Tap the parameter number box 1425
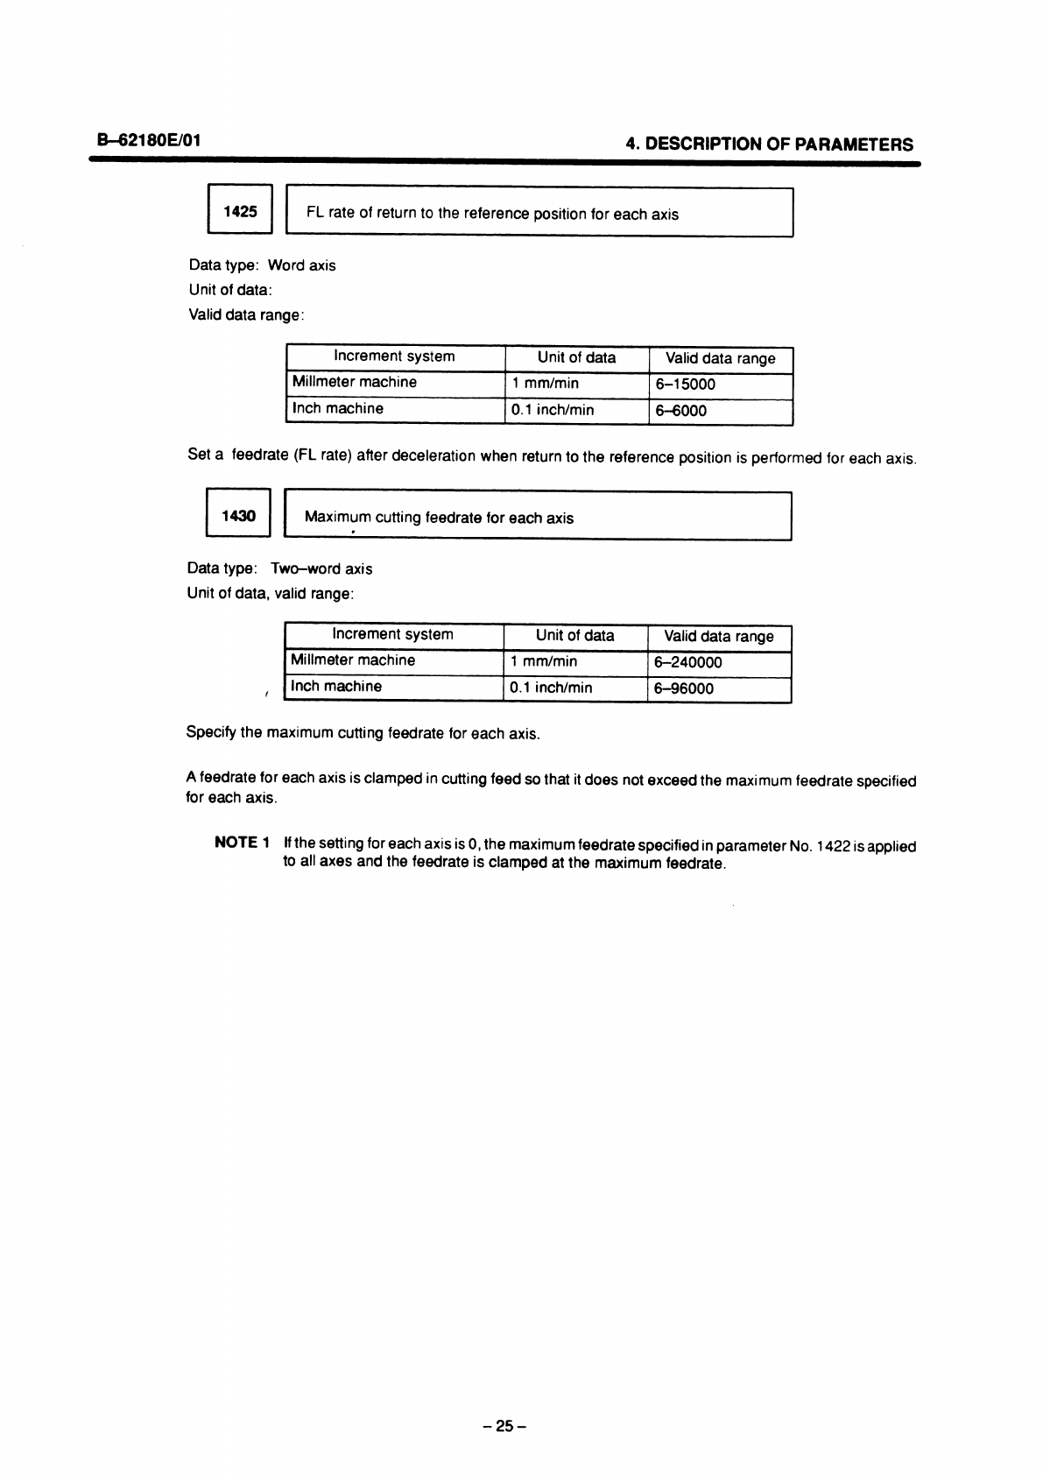tap(241, 212)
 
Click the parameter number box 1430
tap(239, 516)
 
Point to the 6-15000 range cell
tap(686, 385)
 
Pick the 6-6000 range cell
tap(680, 411)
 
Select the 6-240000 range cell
tap(688, 663)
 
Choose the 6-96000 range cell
tap(684, 688)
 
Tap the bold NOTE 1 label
tap(241, 843)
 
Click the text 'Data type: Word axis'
tap(262, 265)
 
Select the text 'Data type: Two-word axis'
tap(279, 569)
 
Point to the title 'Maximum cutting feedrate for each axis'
tap(439, 518)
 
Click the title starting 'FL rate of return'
tap(492, 214)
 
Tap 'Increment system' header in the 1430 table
tap(392, 635)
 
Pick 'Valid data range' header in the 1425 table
tap(720, 358)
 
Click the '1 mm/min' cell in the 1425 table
tap(545, 384)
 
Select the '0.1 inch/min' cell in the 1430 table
tap(551, 688)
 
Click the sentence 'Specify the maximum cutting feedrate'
tap(363, 733)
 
